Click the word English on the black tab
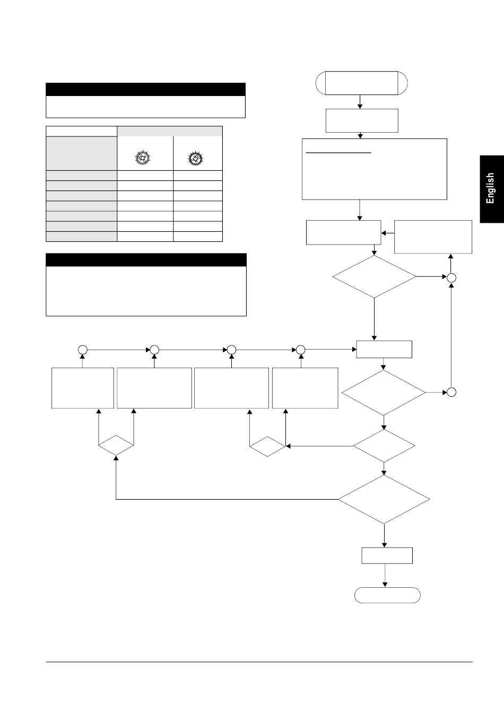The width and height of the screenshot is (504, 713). [x=491, y=188]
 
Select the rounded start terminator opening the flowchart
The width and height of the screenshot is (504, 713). [x=361, y=83]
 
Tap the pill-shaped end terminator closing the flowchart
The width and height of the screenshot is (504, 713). [x=387, y=596]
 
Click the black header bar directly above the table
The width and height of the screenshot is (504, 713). [x=145, y=89]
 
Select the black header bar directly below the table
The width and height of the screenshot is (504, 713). [x=146, y=259]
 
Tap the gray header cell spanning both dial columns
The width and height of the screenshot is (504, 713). [x=169, y=131]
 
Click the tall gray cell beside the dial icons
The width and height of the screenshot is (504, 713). [x=81, y=153]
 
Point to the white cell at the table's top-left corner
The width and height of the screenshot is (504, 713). [x=81, y=131]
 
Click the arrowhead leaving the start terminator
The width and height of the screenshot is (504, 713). [x=360, y=106]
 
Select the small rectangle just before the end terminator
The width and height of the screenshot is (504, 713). [x=387, y=555]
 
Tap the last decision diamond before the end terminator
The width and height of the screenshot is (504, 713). [x=384, y=499]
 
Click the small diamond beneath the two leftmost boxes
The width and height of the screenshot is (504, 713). [x=116, y=445]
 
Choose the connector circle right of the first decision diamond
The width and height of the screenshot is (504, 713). [x=451, y=277]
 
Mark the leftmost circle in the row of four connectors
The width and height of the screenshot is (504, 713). [x=82, y=350]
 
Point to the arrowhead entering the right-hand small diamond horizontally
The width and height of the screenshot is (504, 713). [x=288, y=446]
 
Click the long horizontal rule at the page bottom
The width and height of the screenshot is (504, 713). [x=259, y=662]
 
